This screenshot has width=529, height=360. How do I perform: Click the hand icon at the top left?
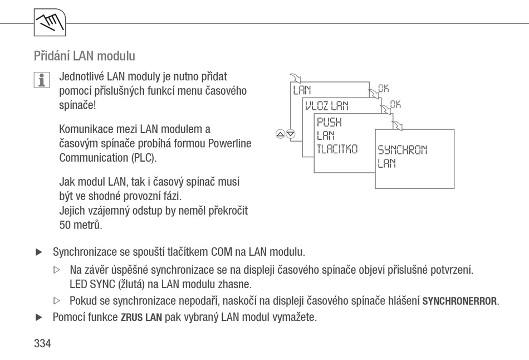pyautogui.click(x=50, y=22)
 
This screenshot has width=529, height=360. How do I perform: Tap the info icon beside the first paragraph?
pyautogui.click(x=42, y=80)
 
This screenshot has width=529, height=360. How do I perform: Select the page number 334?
pyautogui.click(x=42, y=343)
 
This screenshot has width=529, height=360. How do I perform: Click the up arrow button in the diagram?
pyautogui.click(x=280, y=134)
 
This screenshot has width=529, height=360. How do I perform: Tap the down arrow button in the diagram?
pyautogui.click(x=291, y=134)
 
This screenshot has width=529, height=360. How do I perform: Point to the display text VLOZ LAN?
pyautogui.click(x=326, y=106)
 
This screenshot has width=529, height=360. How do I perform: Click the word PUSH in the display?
pyautogui.click(x=329, y=122)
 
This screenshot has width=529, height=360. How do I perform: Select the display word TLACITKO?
pyautogui.click(x=337, y=149)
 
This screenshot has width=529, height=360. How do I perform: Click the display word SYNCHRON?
pyautogui.click(x=403, y=149)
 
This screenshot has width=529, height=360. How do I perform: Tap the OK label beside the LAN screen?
pyautogui.click(x=384, y=89)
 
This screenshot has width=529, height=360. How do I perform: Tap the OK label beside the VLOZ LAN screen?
pyautogui.click(x=395, y=104)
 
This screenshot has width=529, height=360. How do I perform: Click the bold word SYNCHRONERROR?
pyautogui.click(x=460, y=301)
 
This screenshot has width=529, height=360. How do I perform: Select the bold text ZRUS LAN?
pyautogui.click(x=141, y=318)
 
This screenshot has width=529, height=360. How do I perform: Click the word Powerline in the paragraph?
pyautogui.click(x=230, y=144)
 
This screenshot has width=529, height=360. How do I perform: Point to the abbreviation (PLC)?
pyautogui.click(x=144, y=158)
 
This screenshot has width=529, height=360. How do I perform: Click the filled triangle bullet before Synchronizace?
pyautogui.click(x=39, y=252)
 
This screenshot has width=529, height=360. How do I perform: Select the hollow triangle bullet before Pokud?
pyautogui.click(x=57, y=300)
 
